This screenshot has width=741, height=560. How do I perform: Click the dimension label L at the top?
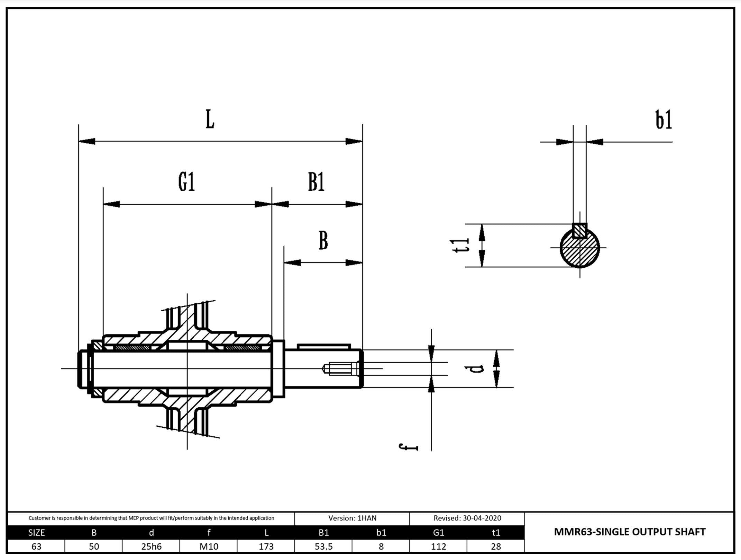click(210, 119)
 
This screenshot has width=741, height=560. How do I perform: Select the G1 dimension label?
click(187, 182)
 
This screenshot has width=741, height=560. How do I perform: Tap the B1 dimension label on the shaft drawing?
click(316, 182)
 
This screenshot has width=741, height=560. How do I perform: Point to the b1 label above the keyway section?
click(664, 120)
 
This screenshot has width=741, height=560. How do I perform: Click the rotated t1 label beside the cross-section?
click(461, 245)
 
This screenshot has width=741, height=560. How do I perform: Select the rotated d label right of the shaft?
click(478, 368)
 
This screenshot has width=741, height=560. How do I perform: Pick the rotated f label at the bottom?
click(409, 447)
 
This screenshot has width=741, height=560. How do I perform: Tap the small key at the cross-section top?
click(579, 231)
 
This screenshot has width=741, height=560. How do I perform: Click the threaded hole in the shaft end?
click(341, 368)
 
